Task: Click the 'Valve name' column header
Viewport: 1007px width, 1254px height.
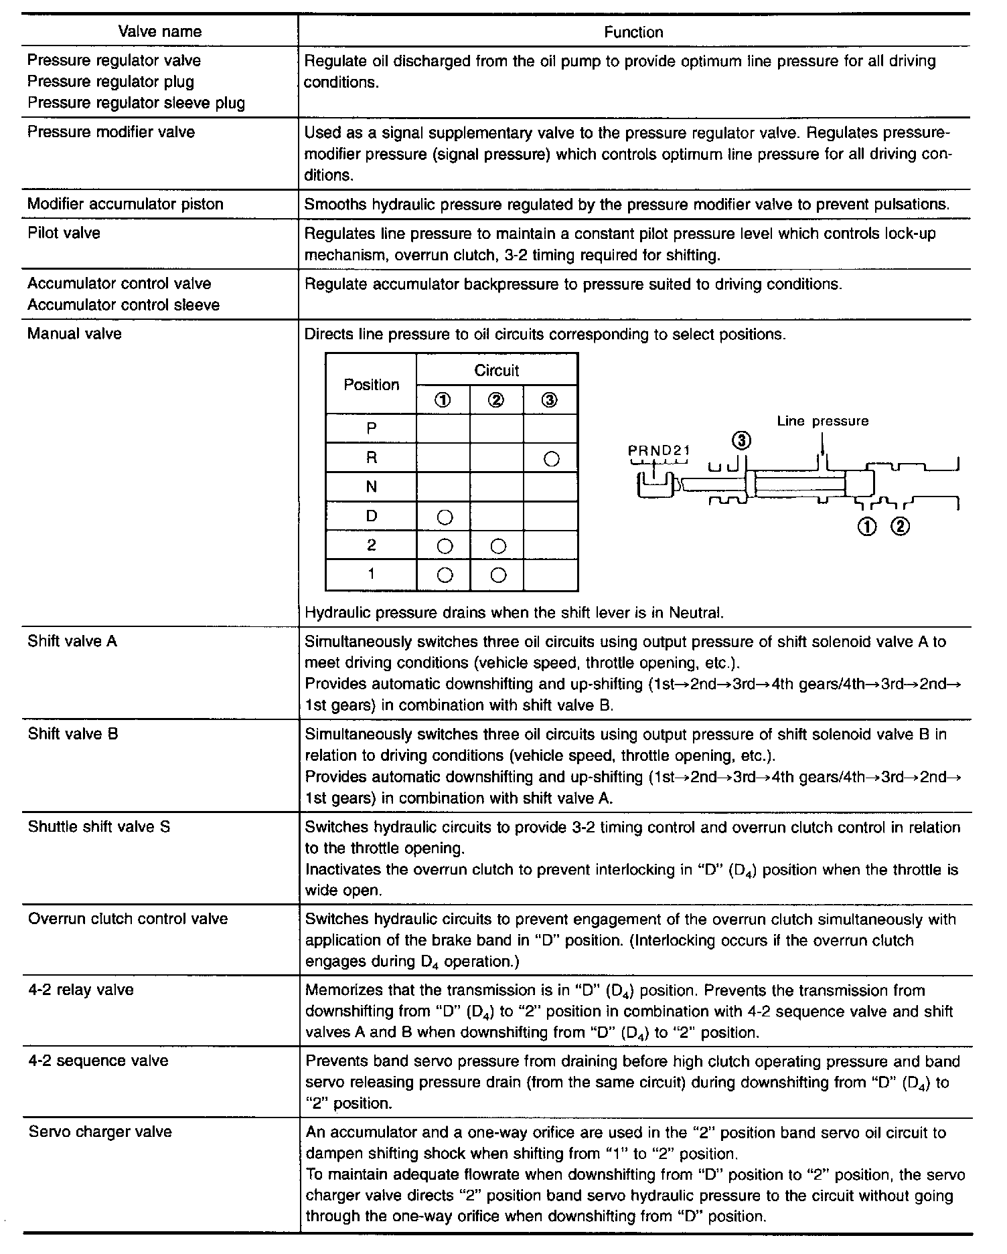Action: (x=160, y=31)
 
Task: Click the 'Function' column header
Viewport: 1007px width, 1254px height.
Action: (x=633, y=32)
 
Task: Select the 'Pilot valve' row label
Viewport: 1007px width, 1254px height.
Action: (x=64, y=233)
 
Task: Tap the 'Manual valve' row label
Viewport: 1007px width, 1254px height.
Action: (x=74, y=333)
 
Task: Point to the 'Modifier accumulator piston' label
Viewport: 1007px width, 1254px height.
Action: (x=125, y=204)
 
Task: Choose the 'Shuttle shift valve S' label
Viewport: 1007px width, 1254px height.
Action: (x=99, y=827)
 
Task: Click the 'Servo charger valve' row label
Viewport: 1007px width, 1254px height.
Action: (x=100, y=1132)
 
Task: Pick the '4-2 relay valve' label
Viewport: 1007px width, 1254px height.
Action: (x=81, y=990)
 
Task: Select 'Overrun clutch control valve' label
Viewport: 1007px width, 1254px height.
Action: (x=128, y=919)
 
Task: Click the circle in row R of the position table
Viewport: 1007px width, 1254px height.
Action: (x=551, y=459)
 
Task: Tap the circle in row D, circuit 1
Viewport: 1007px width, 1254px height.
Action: (x=444, y=517)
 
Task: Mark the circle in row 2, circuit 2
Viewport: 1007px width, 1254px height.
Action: (x=497, y=546)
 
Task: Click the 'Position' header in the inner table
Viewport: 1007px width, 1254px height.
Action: (x=371, y=385)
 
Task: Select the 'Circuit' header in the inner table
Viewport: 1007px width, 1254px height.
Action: (x=497, y=370)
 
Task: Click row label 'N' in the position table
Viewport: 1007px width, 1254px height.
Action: (x=372, y=487)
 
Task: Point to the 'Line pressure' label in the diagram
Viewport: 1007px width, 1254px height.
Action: (x=823, y=422)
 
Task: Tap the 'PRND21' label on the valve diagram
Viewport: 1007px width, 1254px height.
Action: (x=659, y=450)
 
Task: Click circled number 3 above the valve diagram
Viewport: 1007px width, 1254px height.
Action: (x=741, y=440)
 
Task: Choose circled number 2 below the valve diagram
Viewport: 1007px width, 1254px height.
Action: (x=901, y=527)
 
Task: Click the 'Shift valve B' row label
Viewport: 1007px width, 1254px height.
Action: (x=73, y=734)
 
